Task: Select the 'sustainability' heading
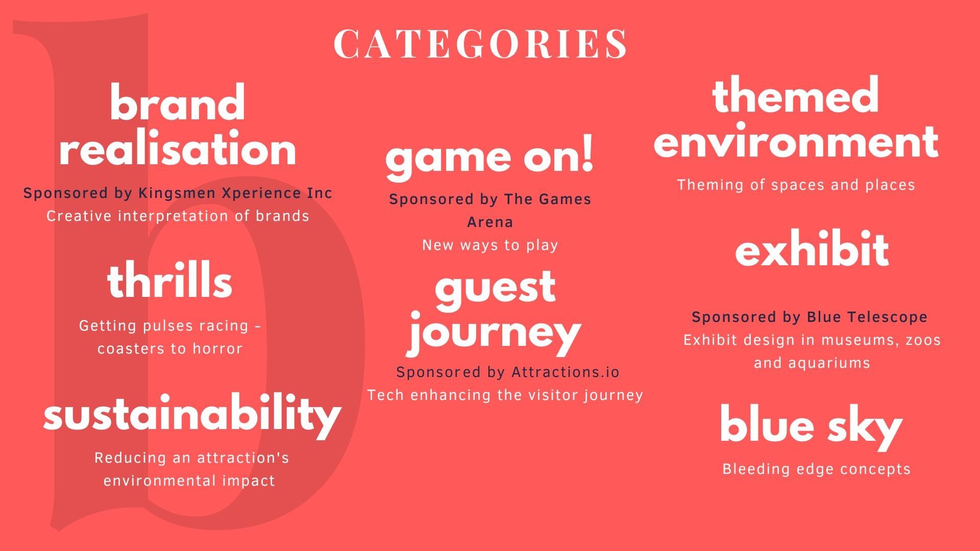[192, 416]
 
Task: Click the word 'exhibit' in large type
[812, 250]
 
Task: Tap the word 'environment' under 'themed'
[796, 142]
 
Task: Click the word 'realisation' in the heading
[178, 149]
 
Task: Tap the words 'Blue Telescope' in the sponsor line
[867, 317]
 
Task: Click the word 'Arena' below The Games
[490, 222]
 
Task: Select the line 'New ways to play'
[490, 245]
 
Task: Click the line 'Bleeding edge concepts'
[816, 469]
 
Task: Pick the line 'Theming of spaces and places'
[796, 185]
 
